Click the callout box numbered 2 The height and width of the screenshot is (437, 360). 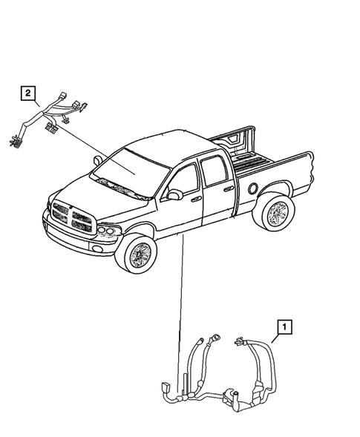[27, 93]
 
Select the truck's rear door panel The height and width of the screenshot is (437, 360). [217, 197]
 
